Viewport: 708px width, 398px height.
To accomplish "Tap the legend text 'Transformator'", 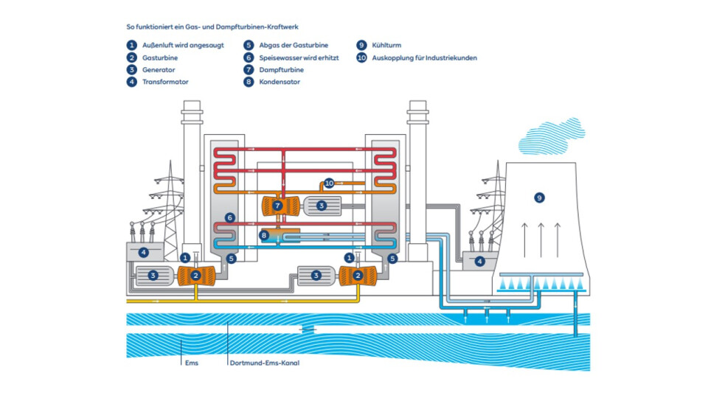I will coord(165,82).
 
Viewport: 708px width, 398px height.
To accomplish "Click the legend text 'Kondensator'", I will coord(280,82).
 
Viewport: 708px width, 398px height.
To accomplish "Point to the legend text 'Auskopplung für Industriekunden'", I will coord(424,57).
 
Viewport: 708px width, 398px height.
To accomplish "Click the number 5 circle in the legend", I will coord(249,45).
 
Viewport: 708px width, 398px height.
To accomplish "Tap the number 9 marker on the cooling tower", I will coord(539,198).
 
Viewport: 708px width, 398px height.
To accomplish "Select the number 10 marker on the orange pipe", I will coord(329,182).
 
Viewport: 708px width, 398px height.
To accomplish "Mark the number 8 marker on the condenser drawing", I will coord(264,235).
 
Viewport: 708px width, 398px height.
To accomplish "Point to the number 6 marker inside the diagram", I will coord(230,218).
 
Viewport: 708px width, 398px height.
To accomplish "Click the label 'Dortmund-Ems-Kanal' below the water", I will coord(264,363).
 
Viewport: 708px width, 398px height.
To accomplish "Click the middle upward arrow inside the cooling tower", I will coord(541,236).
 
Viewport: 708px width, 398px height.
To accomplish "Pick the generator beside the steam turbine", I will coord(320,206).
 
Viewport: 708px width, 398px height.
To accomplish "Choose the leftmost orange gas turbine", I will coord(195,276).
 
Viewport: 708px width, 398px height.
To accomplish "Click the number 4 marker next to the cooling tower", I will coord(479,261).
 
